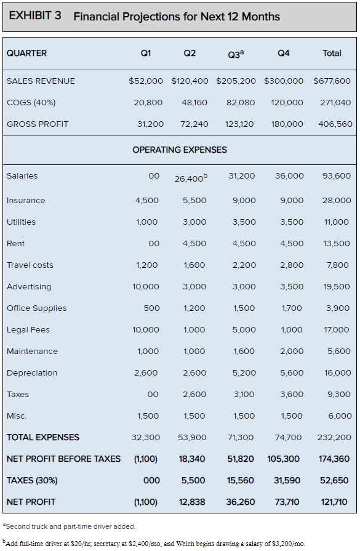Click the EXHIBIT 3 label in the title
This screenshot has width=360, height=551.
click(x=35, y=15)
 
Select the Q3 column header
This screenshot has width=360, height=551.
click(x=236, y=54)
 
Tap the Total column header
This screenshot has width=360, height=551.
click(x=332, y=53)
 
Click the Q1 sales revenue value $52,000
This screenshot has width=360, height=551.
click(x=146, y=81)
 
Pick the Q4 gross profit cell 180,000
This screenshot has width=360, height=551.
click(x=287, y=124)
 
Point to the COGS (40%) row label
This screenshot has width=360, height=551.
click(x=31, y=103)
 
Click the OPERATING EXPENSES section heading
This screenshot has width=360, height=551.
click(x=180, y=150)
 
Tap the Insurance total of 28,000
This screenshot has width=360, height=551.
click(x=337, y=200)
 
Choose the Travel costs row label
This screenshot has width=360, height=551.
click(x=30, y=265)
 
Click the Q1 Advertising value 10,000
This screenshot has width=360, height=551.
click(x=146, y=287)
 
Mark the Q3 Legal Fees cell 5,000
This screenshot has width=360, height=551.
click(x=244, y=329)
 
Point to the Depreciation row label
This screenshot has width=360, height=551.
click(x=32, y=373)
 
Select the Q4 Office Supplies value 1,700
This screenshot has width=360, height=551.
click(x=292, y=308)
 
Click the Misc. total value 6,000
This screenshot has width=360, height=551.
click(x=340, y=416)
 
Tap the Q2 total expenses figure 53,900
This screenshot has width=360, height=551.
click(x=192, y=438)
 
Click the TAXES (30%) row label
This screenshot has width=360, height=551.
click(x=32, y=480)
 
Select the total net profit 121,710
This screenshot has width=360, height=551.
click(x=334, y=502)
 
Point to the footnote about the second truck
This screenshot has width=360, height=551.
click(x=69, y=526)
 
